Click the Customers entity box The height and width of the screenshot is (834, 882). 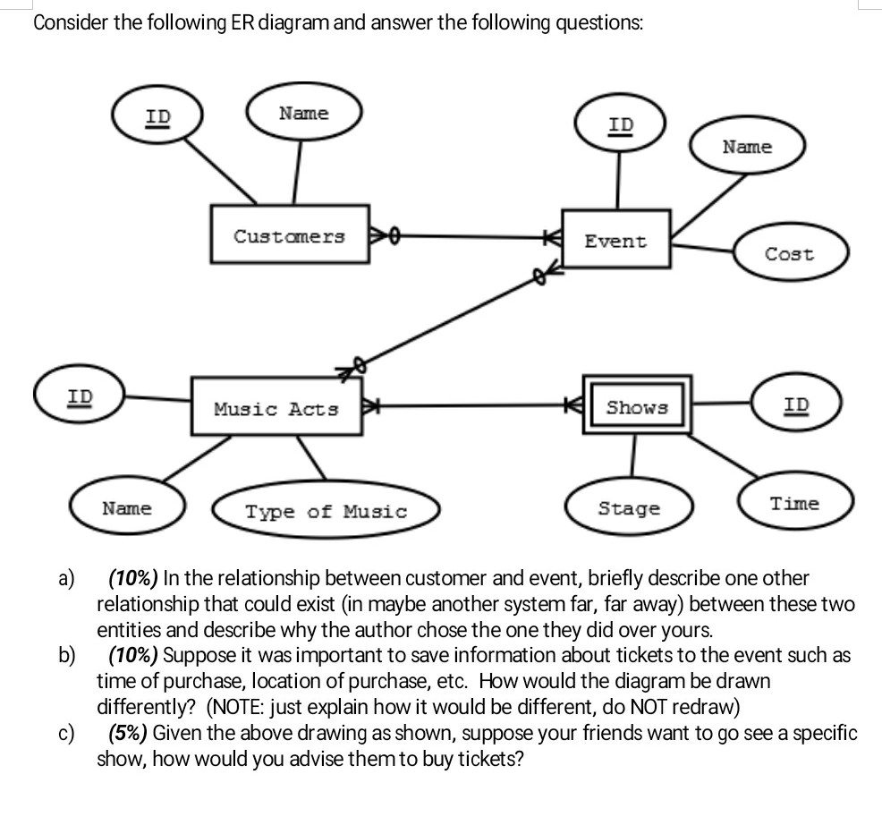click(x=290, y=235)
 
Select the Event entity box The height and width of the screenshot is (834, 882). click(x=616, y=240)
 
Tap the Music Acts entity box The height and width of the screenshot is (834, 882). click(x=276, y=409)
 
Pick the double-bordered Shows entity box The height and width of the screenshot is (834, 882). click(x=637, y=406)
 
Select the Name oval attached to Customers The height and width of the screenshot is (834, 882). click(x=304, y=114)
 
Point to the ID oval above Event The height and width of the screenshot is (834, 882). click(x=621, y=124)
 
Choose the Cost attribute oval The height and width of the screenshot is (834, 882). click(x=789, y=253)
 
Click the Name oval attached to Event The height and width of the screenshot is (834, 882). click(x=746, y=146)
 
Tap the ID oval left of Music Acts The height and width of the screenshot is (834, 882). click(x=80, y=396)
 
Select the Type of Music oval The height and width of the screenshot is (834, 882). click(x=326, y=512)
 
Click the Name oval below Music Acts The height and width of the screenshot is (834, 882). click(x=127, y=508)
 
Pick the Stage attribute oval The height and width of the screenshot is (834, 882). click(x=629, y=508)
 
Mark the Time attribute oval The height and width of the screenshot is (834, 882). click(x=795, y=503)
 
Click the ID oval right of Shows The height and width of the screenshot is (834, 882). click(x=796, y=404)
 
